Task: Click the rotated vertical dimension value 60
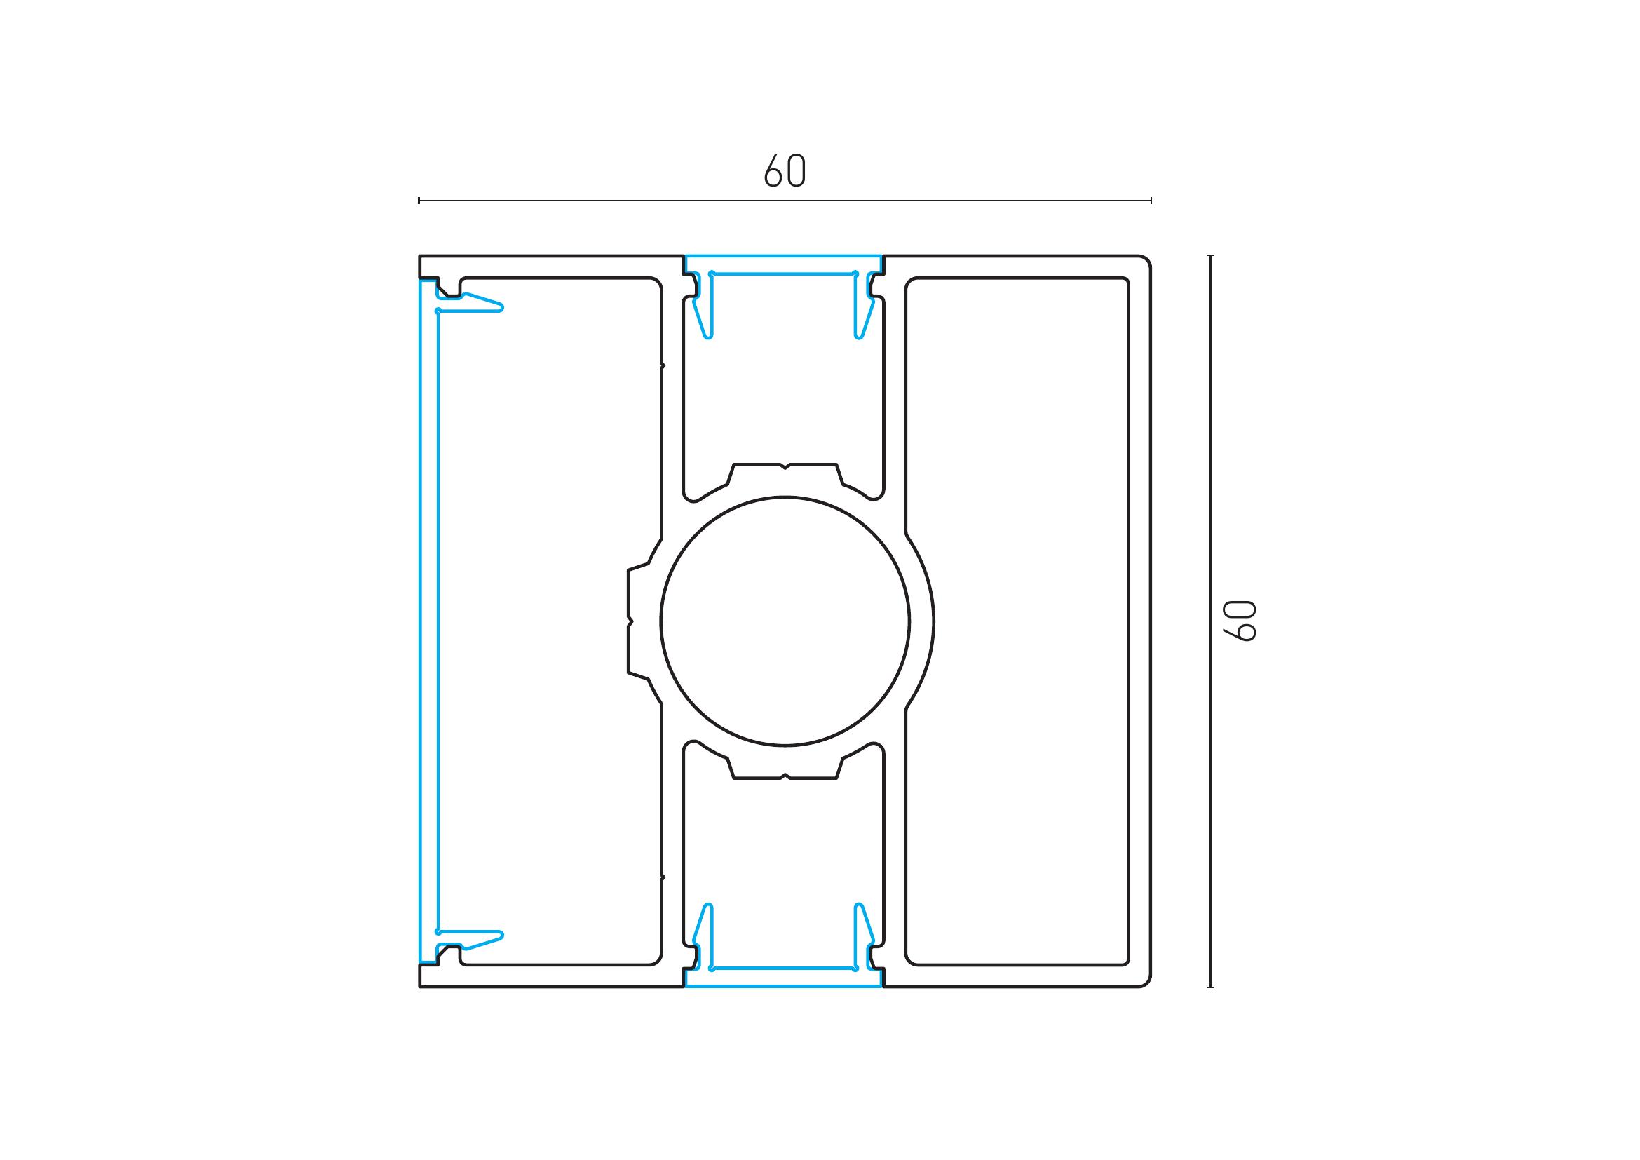(1238, 621)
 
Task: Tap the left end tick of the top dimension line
(419, 201)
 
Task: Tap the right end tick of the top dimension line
(1151, 201)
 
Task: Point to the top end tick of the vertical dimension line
(1210, 255)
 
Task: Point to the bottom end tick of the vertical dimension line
(1210, 987)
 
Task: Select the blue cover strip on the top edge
(784, 264)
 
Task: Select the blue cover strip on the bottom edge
(784, 978)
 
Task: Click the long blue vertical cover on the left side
(428, 621)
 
